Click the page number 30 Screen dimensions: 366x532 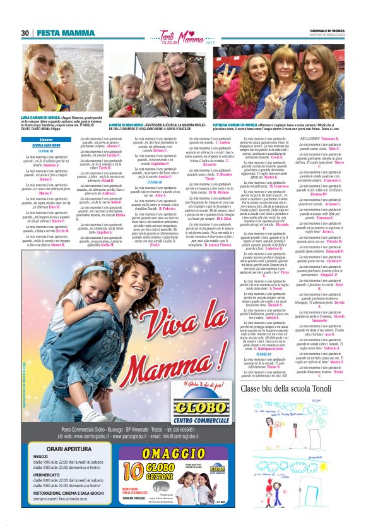(25, 33)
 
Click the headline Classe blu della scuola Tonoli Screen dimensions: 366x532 (301, 388)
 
